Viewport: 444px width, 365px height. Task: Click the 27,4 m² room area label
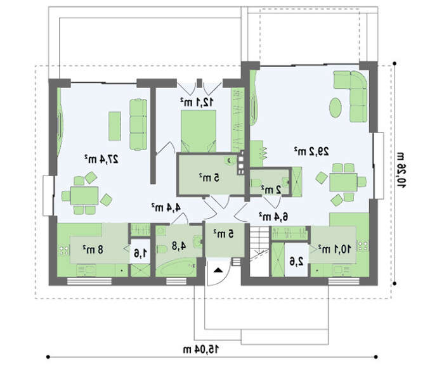point(101,160)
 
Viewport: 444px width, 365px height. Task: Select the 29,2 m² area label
point(311,151)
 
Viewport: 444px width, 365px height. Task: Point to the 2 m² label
point(271,189)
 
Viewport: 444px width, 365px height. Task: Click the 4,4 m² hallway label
point(166,207)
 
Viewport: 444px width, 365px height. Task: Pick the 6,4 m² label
point(273,217)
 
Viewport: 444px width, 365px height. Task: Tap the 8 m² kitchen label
point(93,250)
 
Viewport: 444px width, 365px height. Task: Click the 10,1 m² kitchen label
point(334,249)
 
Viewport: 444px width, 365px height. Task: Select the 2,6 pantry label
point(296,261)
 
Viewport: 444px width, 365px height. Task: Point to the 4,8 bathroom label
point(179,246)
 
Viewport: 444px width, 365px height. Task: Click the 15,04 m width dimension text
point(201,349)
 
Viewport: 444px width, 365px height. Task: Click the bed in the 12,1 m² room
point(198,131)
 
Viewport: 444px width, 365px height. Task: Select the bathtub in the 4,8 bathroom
point(176,268)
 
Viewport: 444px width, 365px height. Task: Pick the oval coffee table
point(336,108)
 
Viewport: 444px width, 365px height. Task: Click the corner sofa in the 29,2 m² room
point(351,96)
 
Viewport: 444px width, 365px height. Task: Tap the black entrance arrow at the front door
point(218,270)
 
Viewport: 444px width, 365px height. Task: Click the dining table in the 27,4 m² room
point(84,196)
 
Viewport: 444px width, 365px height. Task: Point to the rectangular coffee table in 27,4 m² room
point(114,126)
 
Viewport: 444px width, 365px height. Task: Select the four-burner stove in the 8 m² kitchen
point(64,250)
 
